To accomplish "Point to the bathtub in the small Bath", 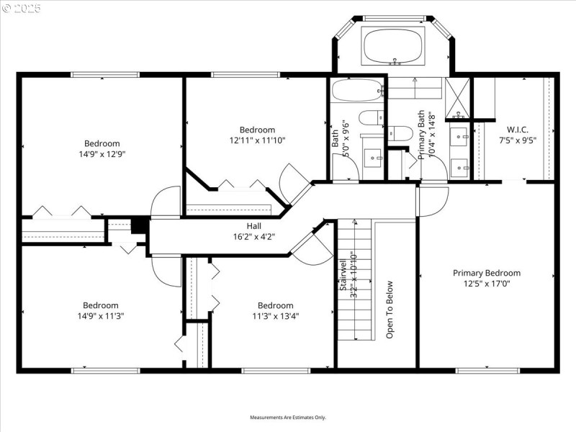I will [x=357, y=91].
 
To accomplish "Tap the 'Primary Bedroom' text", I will [x=486, y=273].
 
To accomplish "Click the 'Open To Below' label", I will [x=390, y=310].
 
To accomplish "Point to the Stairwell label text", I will [x=343, y=277].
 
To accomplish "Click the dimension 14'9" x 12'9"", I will [x=101, y=154].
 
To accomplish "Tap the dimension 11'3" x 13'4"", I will [x=275, y=315].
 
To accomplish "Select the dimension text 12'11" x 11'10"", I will [x=257, y=140].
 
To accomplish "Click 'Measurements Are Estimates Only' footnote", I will [x=288, y=418].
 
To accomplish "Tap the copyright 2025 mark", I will [x=22, y=8].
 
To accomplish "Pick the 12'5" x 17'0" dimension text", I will [x=486, y=284].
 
